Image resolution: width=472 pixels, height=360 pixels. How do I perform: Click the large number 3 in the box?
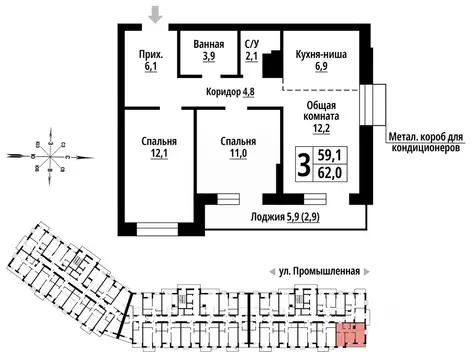click(x=301, y=162)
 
